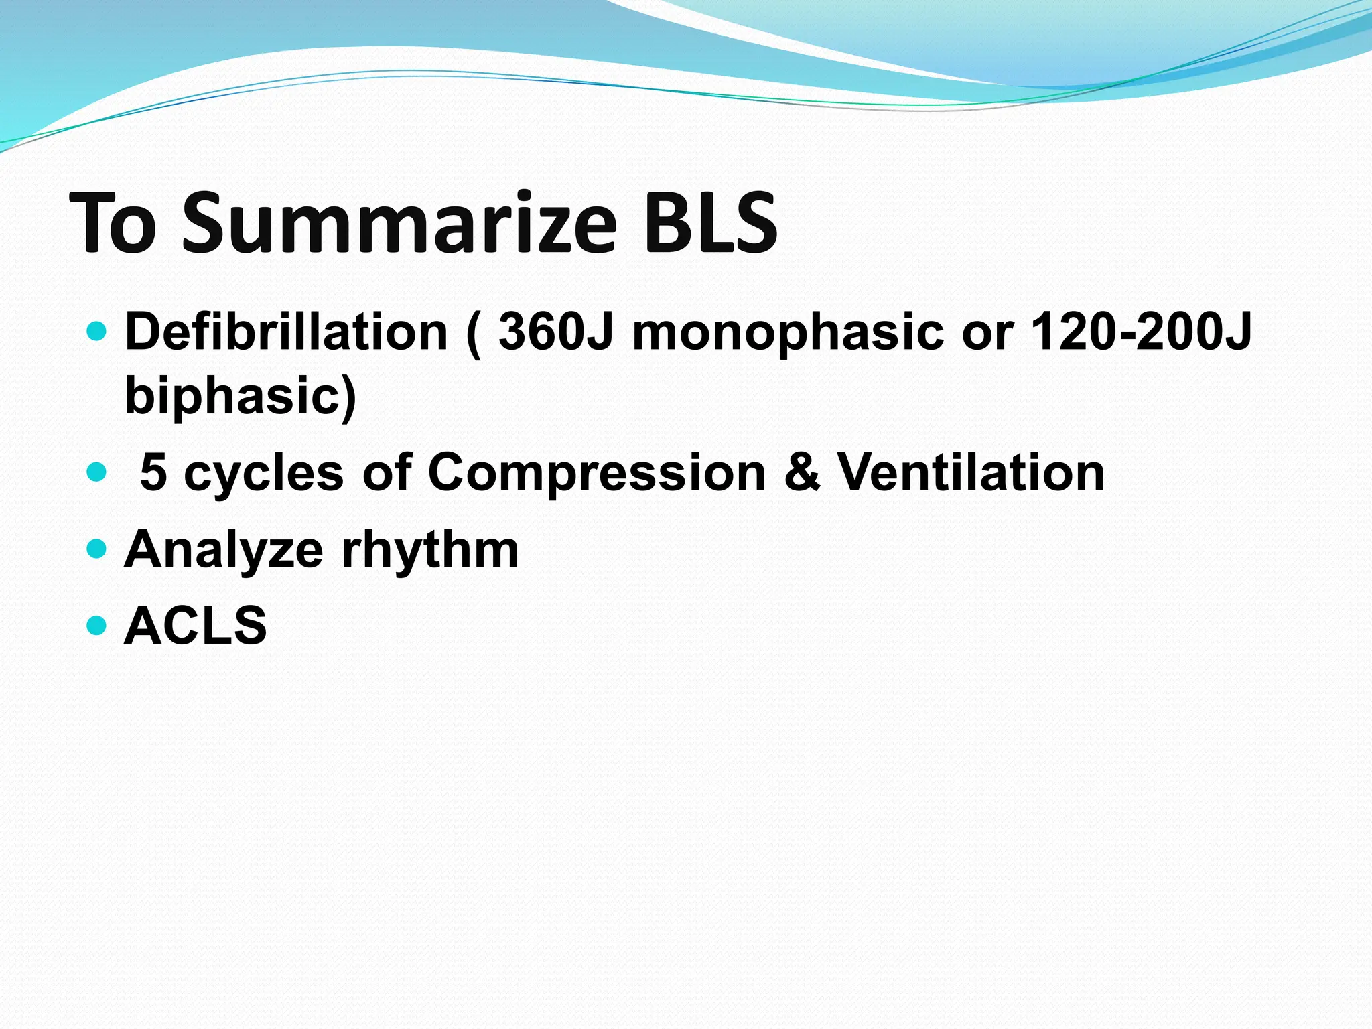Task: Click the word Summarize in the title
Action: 399,223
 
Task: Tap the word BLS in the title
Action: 709,223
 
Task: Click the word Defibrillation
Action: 286,332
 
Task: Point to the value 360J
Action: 555,332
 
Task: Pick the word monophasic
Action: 788,333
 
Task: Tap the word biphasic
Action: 240,395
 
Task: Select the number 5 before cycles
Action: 153,472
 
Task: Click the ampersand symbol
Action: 801,472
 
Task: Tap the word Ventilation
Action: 971,472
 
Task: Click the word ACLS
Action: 196,626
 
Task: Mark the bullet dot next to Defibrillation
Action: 97,331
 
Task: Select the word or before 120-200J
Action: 987,333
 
